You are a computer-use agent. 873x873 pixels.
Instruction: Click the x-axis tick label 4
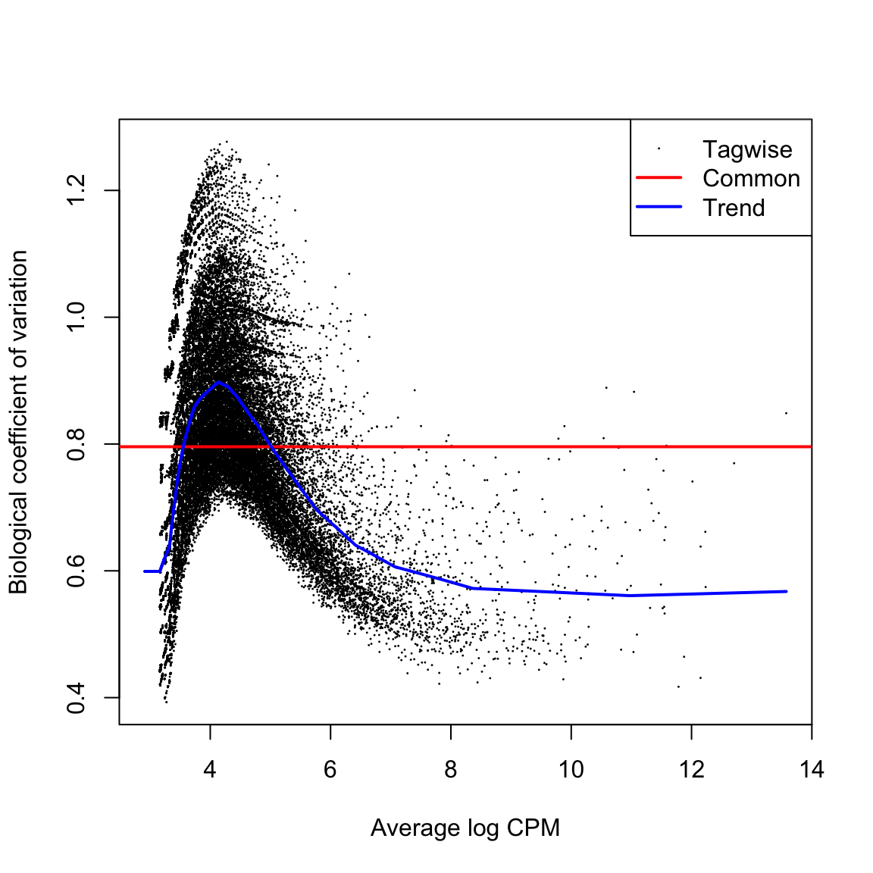210,771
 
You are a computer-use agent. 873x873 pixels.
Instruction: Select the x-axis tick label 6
330,771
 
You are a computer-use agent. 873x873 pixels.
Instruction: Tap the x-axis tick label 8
451,771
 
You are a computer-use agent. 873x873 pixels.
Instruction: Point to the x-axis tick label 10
571,771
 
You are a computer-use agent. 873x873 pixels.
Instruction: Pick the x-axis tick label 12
691,771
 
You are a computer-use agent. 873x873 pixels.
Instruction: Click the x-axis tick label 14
811,771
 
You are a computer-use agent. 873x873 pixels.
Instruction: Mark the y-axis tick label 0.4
77,697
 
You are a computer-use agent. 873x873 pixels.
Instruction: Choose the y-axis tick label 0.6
77,571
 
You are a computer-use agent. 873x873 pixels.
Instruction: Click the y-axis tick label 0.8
77,444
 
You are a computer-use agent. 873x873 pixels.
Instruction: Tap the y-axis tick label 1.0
77,317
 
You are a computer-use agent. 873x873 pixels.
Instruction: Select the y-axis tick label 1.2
77,190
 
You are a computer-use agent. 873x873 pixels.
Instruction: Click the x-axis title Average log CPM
465,828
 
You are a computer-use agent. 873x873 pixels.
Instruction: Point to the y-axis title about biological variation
18,421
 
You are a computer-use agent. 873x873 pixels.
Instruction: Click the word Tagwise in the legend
747,150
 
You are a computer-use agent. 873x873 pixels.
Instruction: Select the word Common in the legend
751,179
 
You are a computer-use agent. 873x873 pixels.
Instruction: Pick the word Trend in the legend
734,208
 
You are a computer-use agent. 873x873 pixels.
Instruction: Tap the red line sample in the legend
659,178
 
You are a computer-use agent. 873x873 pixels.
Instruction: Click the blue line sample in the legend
659,207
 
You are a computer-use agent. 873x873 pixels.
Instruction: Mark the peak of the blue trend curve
219,383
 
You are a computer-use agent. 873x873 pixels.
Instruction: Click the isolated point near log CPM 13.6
787,414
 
